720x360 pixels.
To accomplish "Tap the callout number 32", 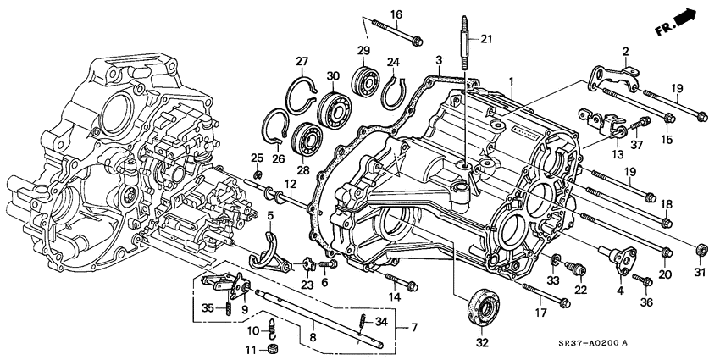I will pyautogui.click(x=483, y=343).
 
